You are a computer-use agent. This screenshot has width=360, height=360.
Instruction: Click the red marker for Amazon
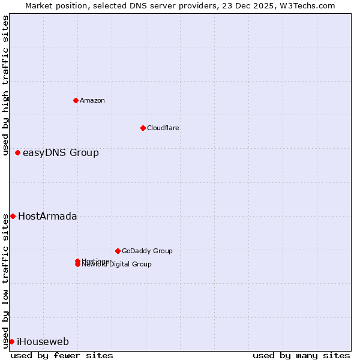(x=76, y=100)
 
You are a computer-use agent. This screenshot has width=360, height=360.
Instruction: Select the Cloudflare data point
(x=143, y=128)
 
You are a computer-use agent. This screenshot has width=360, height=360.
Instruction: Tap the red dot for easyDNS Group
(x=17, y=153)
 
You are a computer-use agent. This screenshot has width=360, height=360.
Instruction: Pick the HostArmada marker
(x=13, y=216)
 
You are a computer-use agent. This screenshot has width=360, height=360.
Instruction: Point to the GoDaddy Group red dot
(x=118, y=251)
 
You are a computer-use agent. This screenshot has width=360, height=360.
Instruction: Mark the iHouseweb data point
(x=11, y=341)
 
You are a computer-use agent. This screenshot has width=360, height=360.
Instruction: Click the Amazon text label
(x=92, y=100)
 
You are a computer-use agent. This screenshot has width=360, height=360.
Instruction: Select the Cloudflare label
(x=163, y=128)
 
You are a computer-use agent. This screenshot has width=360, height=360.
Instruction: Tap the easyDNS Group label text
(x=61, y=153)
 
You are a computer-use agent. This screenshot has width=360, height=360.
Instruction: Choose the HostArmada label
(x=47, y=217)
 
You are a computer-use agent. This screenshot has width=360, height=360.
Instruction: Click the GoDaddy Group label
(x=147, y=251)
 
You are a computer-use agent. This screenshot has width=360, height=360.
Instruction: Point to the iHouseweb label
(x=43, y=342)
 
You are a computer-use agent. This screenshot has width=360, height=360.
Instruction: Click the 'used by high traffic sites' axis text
(x=5, y=85)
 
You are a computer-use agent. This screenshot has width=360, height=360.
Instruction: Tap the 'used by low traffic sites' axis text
(x=5, y=280)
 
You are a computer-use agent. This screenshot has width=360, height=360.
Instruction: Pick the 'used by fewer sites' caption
(x=62, y=355)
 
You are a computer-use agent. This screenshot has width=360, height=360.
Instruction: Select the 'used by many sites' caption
(x=301, y=355)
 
